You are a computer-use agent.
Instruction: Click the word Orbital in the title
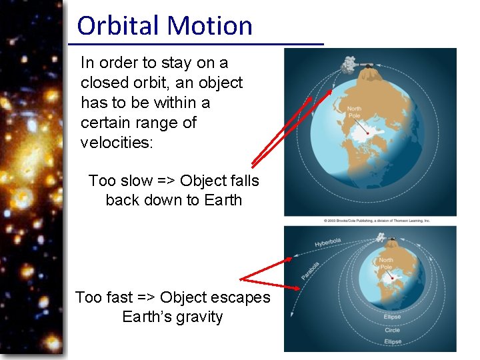click(119, 26)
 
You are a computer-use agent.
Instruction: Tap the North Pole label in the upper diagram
click(354, 111)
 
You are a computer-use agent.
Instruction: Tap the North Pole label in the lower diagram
click(386, 263)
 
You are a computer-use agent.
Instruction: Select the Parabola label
click(310, 270)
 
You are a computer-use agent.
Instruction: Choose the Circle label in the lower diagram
click(392, 330)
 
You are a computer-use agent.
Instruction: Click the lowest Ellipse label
click(393, 341)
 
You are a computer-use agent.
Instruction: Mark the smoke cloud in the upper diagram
click(349, 63)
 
